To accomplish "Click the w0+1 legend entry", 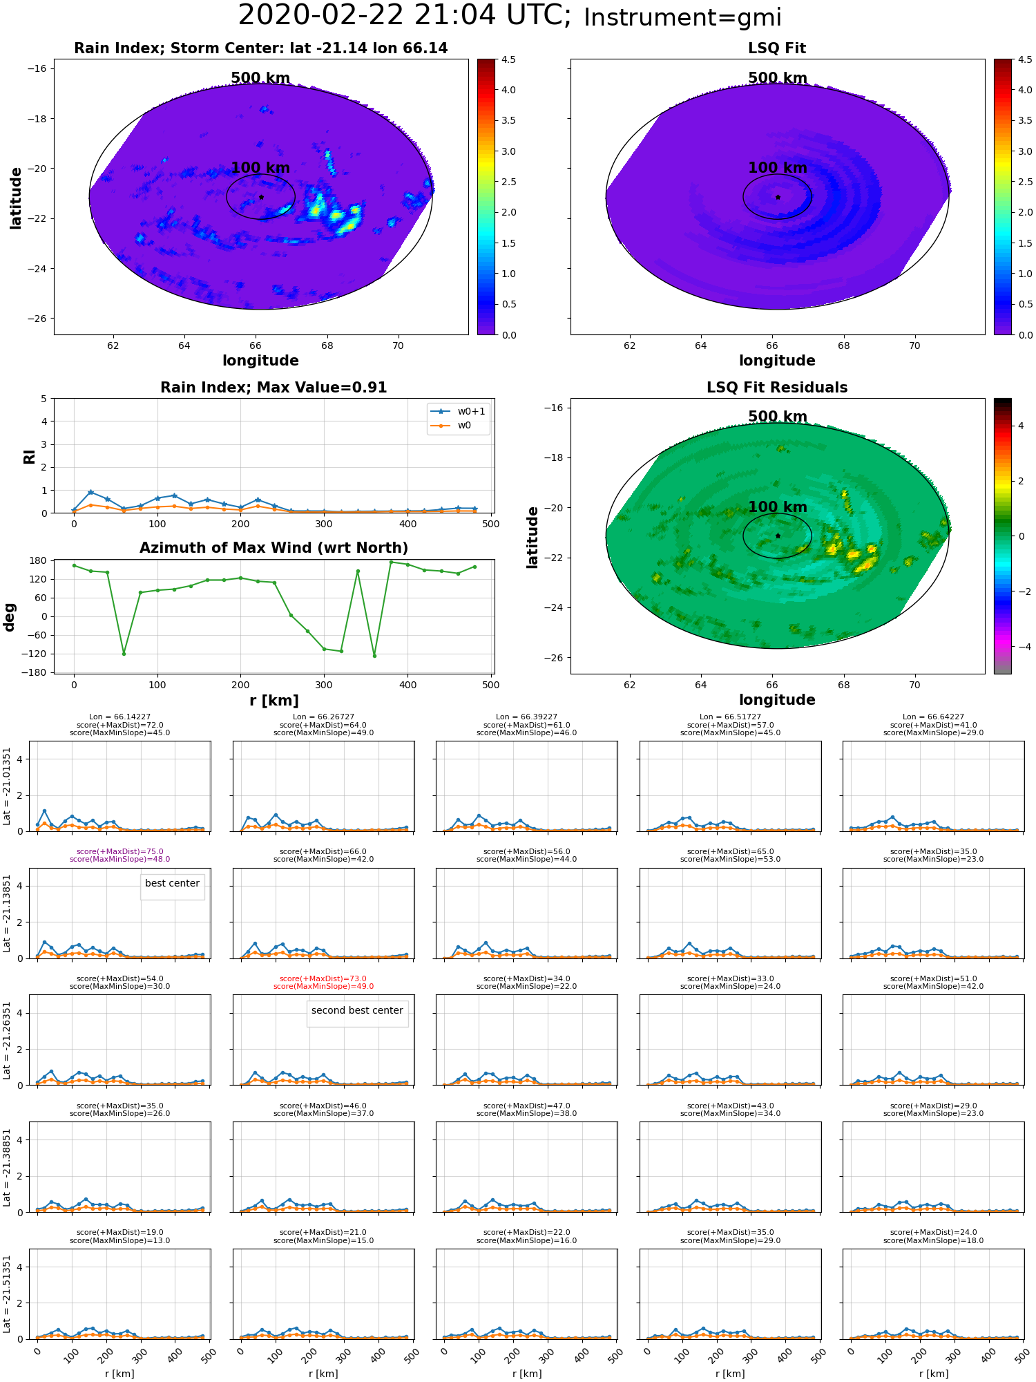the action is point(459,411).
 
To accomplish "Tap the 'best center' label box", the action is point(172,883).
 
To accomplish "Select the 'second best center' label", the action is point(357,1010).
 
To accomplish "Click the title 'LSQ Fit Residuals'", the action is point(777,388).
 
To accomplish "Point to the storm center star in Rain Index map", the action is point(261,197).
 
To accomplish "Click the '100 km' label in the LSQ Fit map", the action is point(778,168).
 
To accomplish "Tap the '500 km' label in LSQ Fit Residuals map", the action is point(778,417).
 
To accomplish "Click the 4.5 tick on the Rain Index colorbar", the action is point(508,59).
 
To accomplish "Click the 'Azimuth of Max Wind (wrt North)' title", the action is point(274,548).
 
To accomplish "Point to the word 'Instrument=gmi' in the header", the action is point(682,18).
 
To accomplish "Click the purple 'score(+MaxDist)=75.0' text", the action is point(119,852).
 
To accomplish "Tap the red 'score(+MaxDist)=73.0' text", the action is point(323,979).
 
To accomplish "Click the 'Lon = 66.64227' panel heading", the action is point(933,717).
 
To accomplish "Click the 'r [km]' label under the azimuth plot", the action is point(274,701).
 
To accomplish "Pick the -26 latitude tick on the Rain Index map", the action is point(37,319).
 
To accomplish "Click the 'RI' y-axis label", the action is point(29,456).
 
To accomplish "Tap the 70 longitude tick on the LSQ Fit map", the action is point(914,345).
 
